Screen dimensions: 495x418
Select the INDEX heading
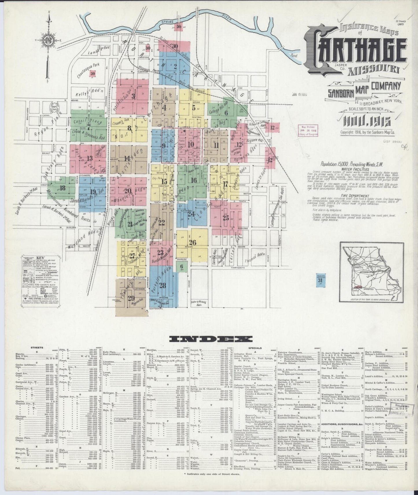[x=211, y=338]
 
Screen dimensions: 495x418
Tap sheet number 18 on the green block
[x=62, y=188]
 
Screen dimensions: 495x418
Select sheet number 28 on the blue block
[x=163, y=286]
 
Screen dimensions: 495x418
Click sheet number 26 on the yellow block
[x=192, y=243]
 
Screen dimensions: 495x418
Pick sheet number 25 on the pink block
[x=226, y=218]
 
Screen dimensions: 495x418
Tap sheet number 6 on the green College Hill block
[x=226, y=113]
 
